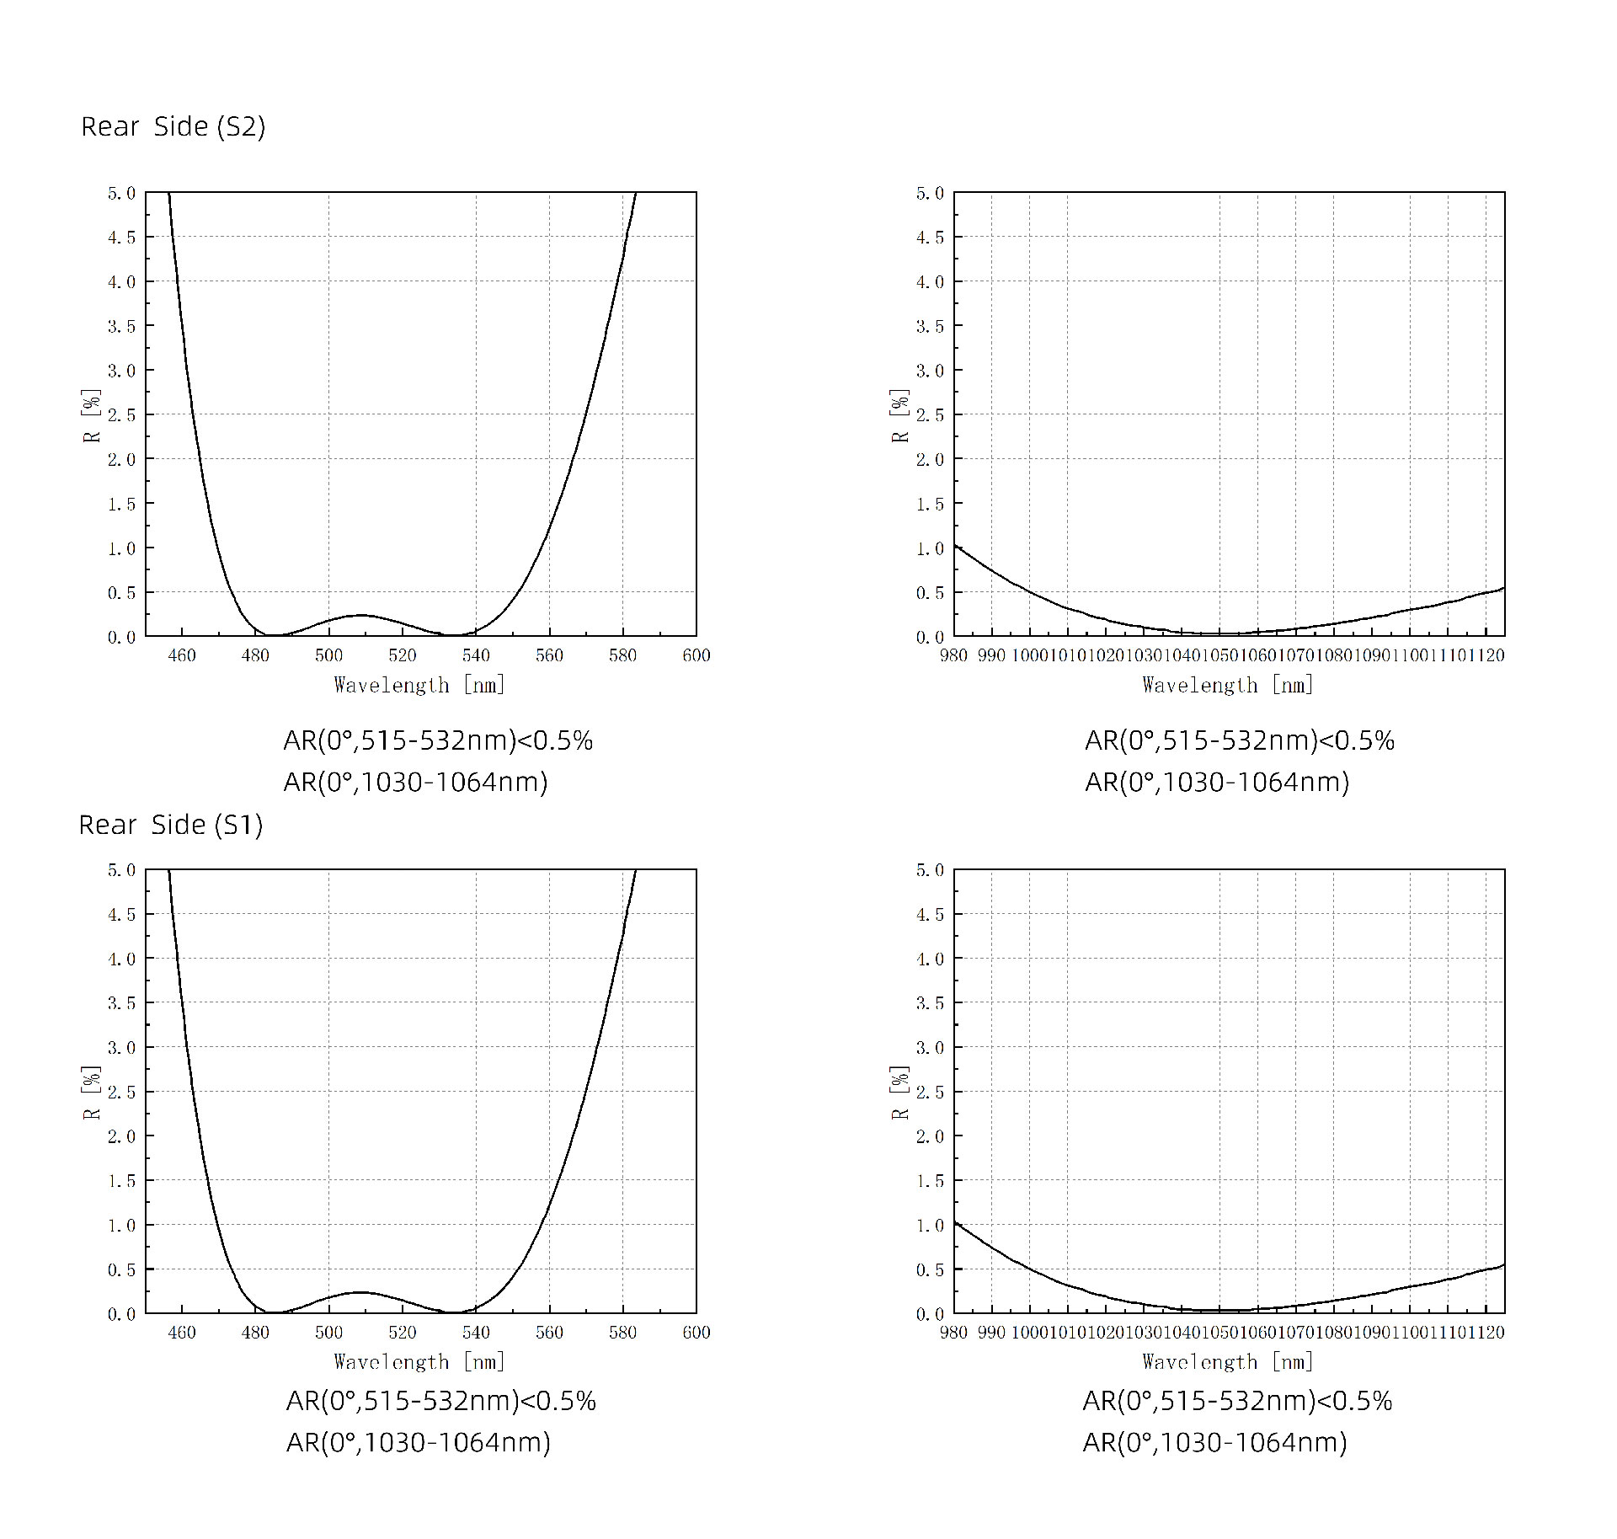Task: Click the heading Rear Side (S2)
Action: point(173,126)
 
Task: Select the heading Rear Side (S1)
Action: point(171,825)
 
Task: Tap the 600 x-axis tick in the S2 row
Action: point(696,655)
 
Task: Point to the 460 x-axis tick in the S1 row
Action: point(182,1332)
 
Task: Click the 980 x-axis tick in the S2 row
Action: point(953,655)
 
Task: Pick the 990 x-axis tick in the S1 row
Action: point(991,1332)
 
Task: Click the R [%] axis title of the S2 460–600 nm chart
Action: point(91,415)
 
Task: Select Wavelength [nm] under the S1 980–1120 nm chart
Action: point(1227,1362)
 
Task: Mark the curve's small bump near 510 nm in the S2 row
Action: point(360,615)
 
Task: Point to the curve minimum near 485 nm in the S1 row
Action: point(274,1312)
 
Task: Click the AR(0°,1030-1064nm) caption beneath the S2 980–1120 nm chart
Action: point(1216,783)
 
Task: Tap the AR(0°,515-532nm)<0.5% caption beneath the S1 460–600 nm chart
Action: point(440,1401)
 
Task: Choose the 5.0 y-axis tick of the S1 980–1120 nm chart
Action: point(929,870)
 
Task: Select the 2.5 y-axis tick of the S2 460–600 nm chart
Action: point(120,414)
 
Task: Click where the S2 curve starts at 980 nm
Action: point(956,547)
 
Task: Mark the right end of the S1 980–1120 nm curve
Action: point(1503,1265)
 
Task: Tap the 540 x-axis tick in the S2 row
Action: point(476,655)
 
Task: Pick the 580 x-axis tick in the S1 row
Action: point(622,1332)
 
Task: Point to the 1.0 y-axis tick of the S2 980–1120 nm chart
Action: point(929,548)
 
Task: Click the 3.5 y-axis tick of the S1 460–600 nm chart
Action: point(120,1003)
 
